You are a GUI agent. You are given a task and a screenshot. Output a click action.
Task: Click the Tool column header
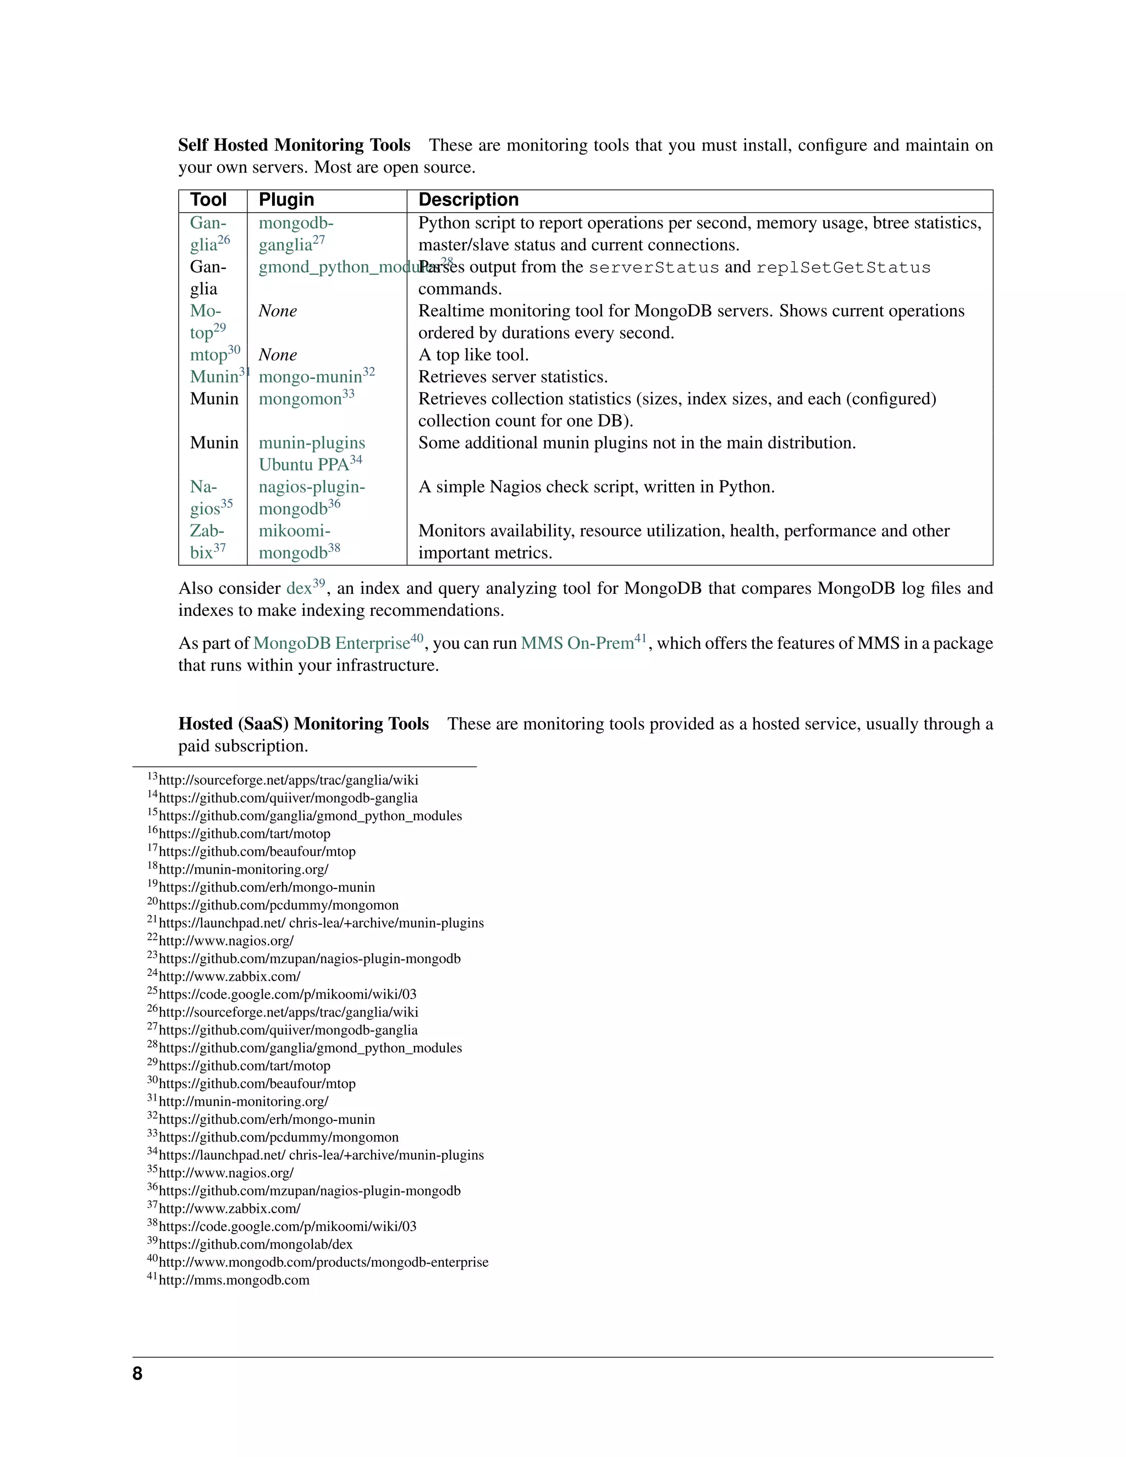[x=208, y=200]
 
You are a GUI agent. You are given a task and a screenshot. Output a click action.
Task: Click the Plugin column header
[x=286, y=200]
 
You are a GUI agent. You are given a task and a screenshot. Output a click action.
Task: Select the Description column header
[x=468, y=200]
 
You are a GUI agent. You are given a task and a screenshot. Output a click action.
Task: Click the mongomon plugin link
[x=300, y=399]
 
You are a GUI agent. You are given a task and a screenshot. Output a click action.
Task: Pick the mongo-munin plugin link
[x=310, y=377]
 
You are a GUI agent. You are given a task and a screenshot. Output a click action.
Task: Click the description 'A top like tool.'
[x=473, y=355]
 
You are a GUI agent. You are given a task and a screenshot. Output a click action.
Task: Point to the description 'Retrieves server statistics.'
[x=512, y=377]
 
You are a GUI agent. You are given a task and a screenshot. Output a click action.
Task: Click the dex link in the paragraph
[x=299, y=588]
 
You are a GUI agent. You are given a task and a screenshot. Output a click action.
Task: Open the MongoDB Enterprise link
[x=331, y=643]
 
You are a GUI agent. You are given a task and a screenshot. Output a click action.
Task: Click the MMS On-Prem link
[x=577, y=643]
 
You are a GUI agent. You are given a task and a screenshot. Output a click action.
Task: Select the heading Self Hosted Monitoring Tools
[x=294, y=146]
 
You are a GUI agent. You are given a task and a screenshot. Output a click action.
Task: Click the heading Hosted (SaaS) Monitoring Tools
[x=303, y=724]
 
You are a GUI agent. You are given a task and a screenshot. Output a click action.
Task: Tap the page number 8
[x=137, y=1373]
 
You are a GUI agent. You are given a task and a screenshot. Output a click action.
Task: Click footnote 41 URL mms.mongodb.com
[x=234, y=1280]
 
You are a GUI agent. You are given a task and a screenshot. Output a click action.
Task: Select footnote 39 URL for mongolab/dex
[x=256, y=1244]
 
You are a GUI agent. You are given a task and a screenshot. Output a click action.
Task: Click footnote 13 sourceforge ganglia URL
[x=288, y=780]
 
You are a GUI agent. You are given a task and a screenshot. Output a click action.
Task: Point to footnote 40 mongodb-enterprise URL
[x=323, y=1262]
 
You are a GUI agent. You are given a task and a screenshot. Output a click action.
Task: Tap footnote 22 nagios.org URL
[x=226, y=941]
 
